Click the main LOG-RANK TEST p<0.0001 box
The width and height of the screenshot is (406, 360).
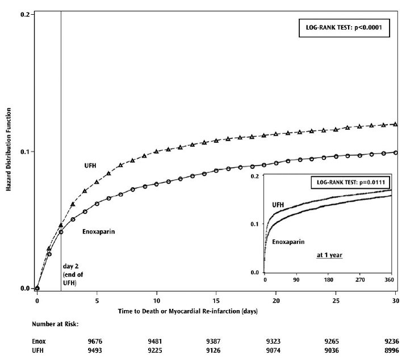pos(344,29)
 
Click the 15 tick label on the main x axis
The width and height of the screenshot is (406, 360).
pos(216,299)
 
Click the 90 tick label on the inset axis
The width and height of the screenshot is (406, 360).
pos(296,281)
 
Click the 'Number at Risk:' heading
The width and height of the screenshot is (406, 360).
pos(55,325)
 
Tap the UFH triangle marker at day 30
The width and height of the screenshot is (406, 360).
pos(395,124)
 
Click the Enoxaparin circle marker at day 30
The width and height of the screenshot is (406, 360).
pos(395,152)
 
